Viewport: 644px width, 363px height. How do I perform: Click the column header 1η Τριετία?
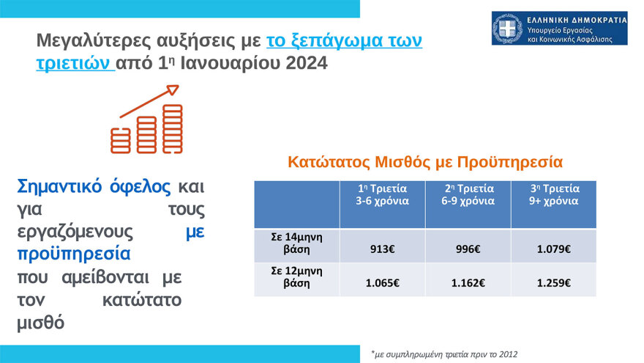[382, 194]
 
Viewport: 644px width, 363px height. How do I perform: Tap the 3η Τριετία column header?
[555, 194]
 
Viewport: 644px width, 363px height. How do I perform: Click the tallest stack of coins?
[173, 129]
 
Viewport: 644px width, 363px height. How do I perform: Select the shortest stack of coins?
[121, 140]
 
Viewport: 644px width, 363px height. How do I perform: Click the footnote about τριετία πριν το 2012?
[444, 354]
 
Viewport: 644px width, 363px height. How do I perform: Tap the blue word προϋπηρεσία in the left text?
[73, 254]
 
